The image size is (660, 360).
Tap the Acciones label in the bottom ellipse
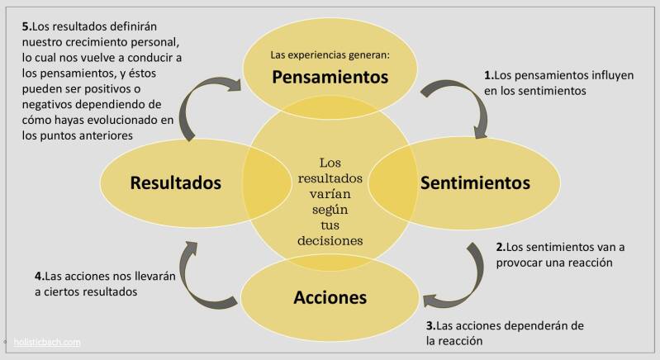coord(330,296)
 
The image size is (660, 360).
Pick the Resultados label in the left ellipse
coord(176,182)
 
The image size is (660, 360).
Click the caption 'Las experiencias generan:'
coord(330,55)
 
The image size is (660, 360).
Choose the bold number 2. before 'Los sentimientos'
coord(501,246)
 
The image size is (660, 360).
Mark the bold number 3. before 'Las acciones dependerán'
coord(431,325)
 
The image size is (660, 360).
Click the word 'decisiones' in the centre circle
coord(330,240)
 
